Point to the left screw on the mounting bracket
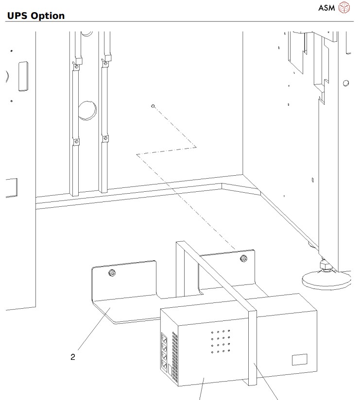pos(112,273)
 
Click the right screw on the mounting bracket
pos(242,258)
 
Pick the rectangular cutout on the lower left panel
pos(11,188)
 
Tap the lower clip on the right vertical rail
pos(104,139)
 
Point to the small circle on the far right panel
pos(345,83)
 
